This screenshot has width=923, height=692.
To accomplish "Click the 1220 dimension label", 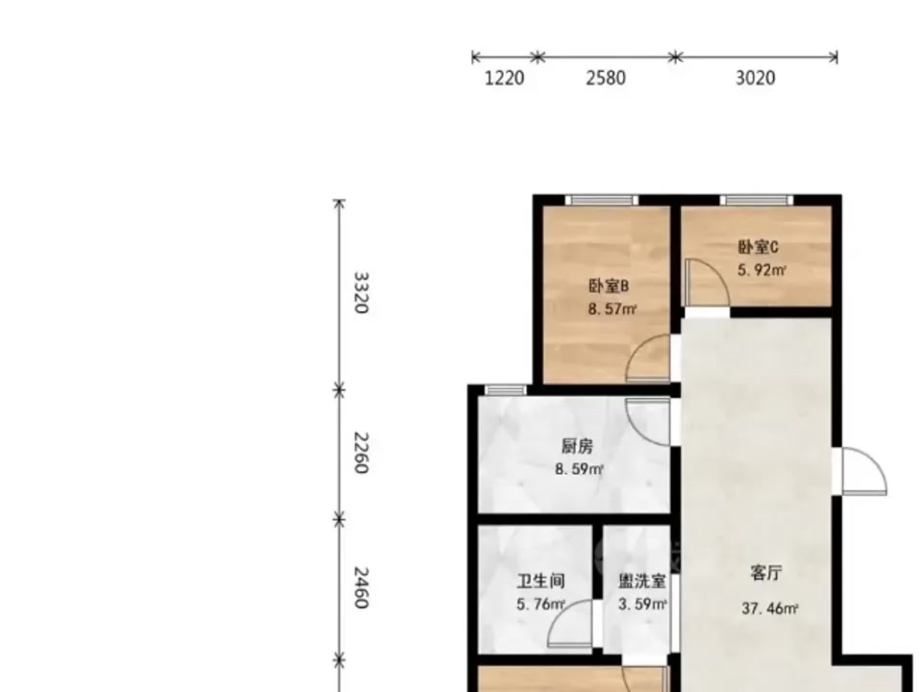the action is [504, 78].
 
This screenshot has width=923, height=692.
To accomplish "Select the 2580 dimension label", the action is [606, 78].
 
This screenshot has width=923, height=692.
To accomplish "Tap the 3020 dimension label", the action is [756, 78].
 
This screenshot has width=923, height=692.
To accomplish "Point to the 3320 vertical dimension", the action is [361, 292].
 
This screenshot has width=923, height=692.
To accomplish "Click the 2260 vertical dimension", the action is [361, 453].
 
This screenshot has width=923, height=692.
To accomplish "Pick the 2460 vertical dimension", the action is [361, 587].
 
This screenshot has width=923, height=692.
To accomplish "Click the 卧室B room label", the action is [609, 286].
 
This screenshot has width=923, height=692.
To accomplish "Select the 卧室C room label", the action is [759, 247].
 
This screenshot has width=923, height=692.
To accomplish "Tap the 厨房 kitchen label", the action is [577, 447].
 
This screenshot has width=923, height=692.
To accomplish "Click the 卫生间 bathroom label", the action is [541, 581].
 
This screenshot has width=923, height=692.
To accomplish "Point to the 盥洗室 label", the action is [642, 581].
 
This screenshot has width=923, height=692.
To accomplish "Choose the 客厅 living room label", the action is [766, 573].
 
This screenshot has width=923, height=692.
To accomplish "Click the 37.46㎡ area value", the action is [770, 608].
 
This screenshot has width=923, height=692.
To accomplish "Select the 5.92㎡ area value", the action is [762, 270].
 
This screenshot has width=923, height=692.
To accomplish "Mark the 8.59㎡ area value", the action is [580, 470].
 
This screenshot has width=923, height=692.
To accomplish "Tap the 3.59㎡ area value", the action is [642, 605].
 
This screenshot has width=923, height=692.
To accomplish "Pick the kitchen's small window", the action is [506, 389].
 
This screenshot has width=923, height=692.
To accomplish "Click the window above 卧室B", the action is [602, 200].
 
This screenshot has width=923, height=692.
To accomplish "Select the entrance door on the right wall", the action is [863, 471].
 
